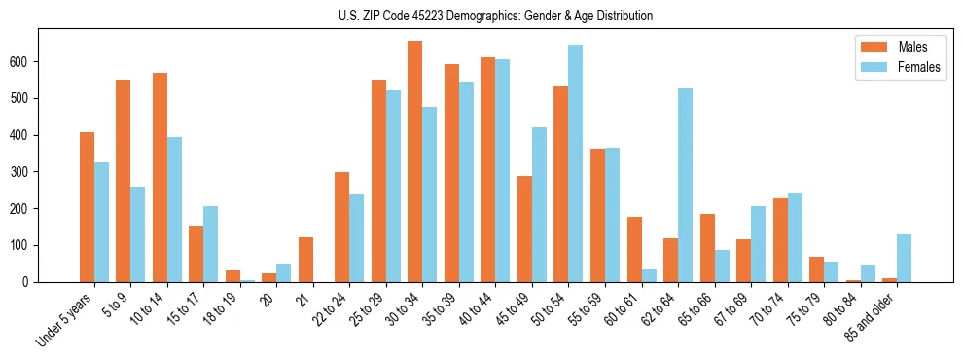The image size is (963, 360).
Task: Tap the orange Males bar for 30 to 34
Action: click(414, 162)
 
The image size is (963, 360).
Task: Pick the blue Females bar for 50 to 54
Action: click(575, 163)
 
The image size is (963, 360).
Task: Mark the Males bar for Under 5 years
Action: click(87, 207)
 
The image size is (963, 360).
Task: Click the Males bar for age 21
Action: click(305, 260)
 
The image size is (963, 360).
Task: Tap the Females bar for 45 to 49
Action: click(539, 204)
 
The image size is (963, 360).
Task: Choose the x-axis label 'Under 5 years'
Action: click(64, 319)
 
